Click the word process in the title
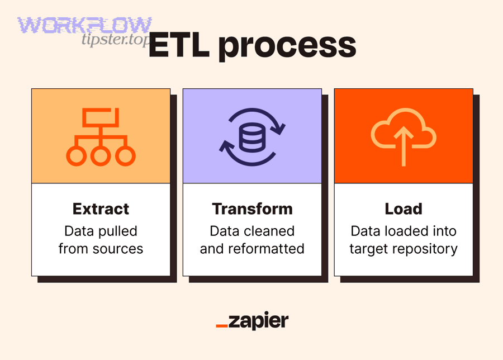coord(287,47)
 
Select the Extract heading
coord(101,209)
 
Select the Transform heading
coord(252,209)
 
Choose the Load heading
coord(404,209)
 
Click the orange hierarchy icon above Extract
coord(101,136)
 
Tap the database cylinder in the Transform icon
coord(252,136)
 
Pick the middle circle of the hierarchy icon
coord(101,156)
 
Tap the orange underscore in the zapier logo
coord(221,325)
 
